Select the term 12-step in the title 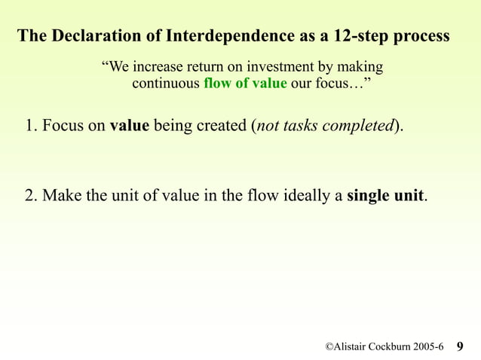pos(345,36)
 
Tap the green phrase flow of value pos(245,84)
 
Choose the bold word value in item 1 pos(130,126)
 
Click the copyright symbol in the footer pos(329,346)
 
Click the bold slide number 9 pos(461,346)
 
